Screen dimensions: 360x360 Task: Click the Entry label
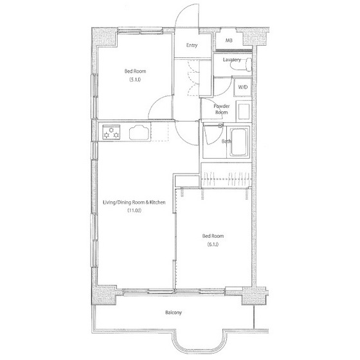pyautogui.click(x=192, y=45)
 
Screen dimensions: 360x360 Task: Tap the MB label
pyautogui.click(x=229, y=40)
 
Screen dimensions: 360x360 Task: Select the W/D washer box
pyautogui.click(x=243, y=87)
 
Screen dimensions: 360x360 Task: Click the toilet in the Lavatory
pyautogui.click(x=242, y=64)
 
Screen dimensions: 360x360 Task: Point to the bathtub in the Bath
pyautogui.click(x=239, y=142)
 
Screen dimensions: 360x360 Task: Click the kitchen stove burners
pyautogui.click(x=111, y=132)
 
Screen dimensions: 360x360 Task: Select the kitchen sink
pyautogui.click(x=139, y=132)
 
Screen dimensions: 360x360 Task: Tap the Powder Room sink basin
pyautogui.click(x=244, y=112)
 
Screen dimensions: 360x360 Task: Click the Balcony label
pyautogui.click(x=174, y=312)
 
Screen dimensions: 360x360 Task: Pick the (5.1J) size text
pyautogui.click(x=135, y=80)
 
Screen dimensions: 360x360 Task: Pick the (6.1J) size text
pyautogui.click(x=213, y=244)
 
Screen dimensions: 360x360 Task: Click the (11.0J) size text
pyautogui.click(x=134, y=210)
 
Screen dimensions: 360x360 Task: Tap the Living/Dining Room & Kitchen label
pyautogui.click(x=134, y=203)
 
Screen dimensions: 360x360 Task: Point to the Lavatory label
pyautogui.click(x=232, y=60)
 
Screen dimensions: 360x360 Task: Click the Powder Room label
pyautogui.click(x=221, y=109)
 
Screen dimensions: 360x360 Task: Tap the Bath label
pyautogui.click(x=226, y=141)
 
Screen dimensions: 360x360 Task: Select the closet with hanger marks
pyautogui.click(x=226, y=175)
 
